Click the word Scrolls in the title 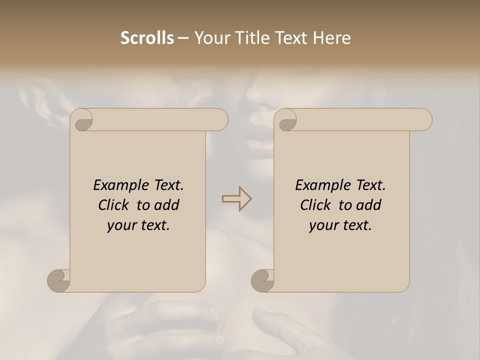pos(147,38)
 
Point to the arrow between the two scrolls pos(236,199)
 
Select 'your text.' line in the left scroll pos(138,225)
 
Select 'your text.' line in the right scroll pos(340,225)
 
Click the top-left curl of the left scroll pos(82,120)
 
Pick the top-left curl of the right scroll pos(286,120)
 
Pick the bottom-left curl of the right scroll pos(263,280)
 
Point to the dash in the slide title pos(183,38)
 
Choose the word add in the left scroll pos(167,205)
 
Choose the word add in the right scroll pos(369,205)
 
